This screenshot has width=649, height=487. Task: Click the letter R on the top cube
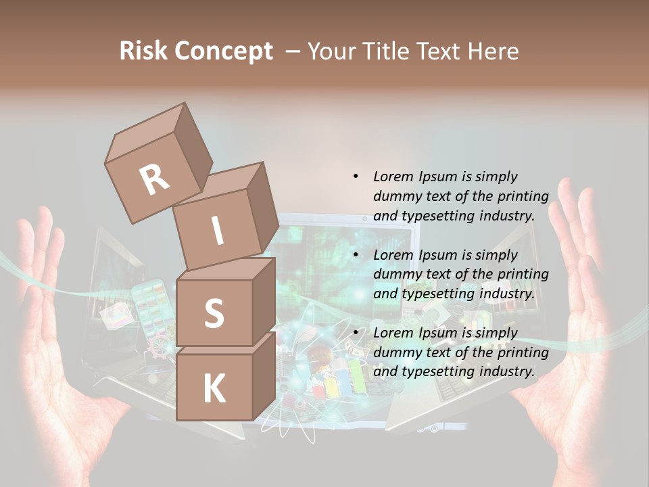pos(155,180)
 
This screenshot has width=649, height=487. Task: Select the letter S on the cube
pos(214,313)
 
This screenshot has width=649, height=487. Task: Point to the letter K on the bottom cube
pos(214,389)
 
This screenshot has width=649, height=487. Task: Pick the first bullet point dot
pos(356,177)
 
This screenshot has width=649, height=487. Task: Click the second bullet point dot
pos(356,255)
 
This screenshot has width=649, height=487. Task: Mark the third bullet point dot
pos(356,333)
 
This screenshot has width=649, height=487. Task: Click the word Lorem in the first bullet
pos(393,177)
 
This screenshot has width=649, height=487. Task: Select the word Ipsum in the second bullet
pos(438,255)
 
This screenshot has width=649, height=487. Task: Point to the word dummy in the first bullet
pos(397,196)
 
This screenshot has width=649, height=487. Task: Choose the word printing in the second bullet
pos(525,274)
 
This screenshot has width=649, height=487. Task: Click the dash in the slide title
pos(293,52)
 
